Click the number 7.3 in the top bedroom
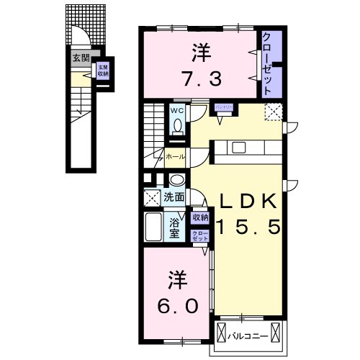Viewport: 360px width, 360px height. [x=196, y=76]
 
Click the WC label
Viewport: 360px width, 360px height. [x=176, y=110]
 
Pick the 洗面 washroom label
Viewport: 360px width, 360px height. [x=173, y=196]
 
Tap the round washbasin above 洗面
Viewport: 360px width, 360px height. [x=178, y=180]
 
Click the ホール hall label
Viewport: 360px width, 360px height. [x=175, y=156]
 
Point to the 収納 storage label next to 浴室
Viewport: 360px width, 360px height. [x=200, y=217]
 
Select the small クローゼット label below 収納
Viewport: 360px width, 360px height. [x=200, y=234]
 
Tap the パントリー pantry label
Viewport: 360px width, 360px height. [x=222, y=107]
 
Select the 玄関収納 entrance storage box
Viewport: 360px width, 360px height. [x=103, y=71]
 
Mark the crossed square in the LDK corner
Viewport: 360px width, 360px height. [x=273, y=111]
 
